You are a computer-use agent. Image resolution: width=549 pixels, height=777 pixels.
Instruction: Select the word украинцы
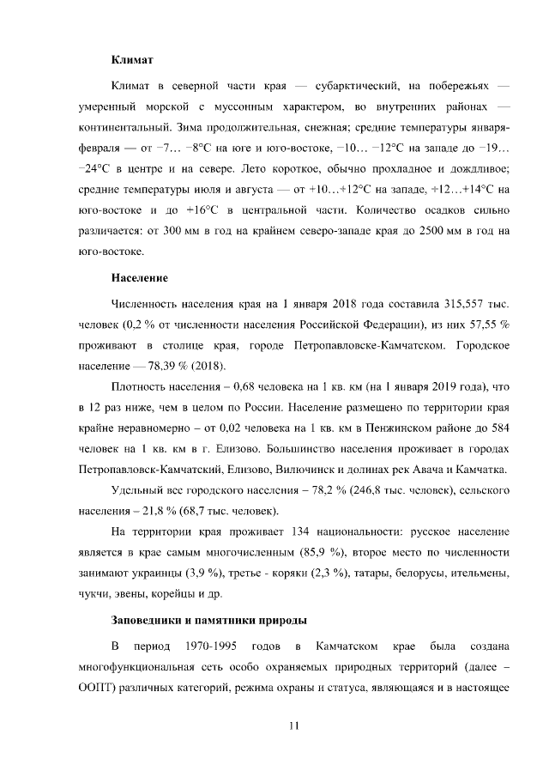pyautogui.click(x=136, y=573)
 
